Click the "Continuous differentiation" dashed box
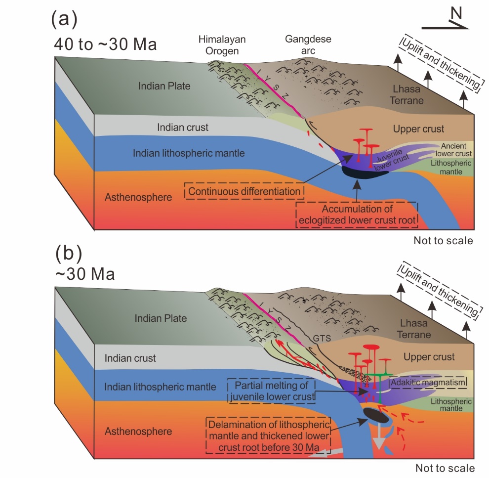click(x=244, y=190)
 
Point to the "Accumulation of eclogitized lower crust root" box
click(x=357, y=215)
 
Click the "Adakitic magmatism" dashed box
click(x=428, y=382)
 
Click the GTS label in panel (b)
click(x=320, y=339)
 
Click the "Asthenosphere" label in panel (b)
click(x=138, y=431)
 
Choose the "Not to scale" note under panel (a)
click(x=443, y=241)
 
